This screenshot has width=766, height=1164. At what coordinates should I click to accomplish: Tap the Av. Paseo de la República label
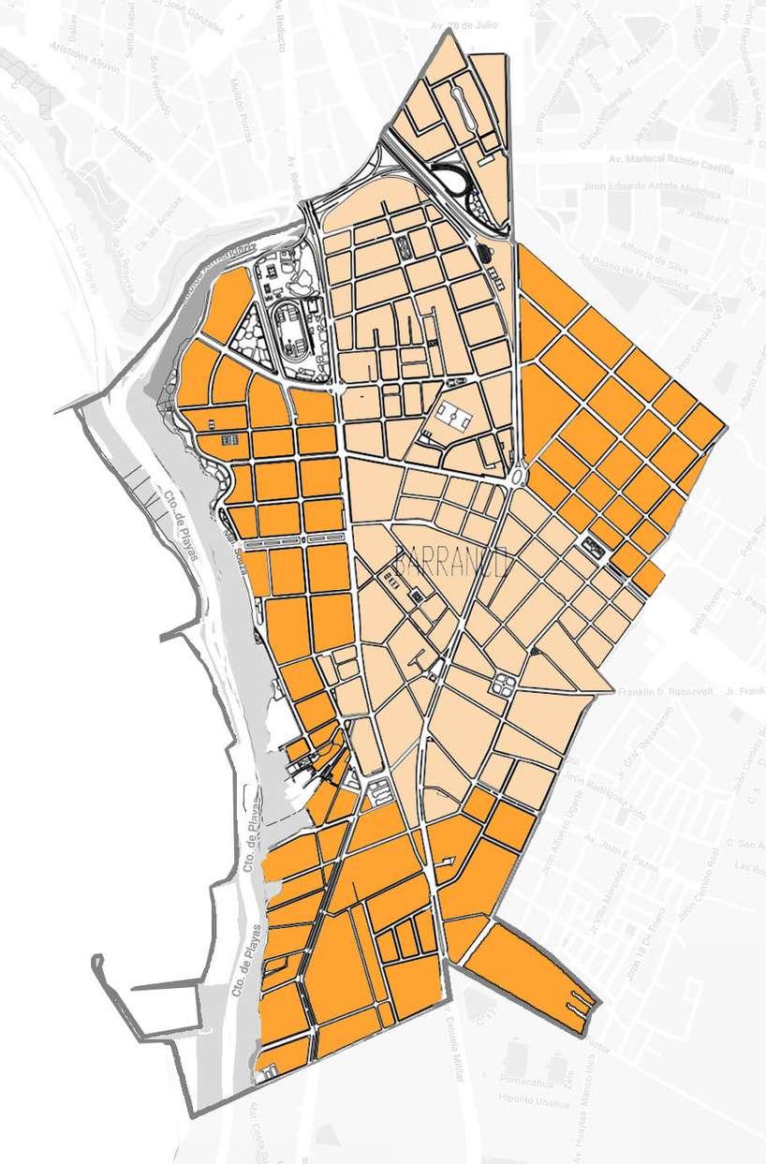coord(638,266)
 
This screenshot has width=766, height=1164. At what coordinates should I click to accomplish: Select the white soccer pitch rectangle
coord(451,416)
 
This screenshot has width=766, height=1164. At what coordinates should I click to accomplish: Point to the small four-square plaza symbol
coord(228,437)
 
